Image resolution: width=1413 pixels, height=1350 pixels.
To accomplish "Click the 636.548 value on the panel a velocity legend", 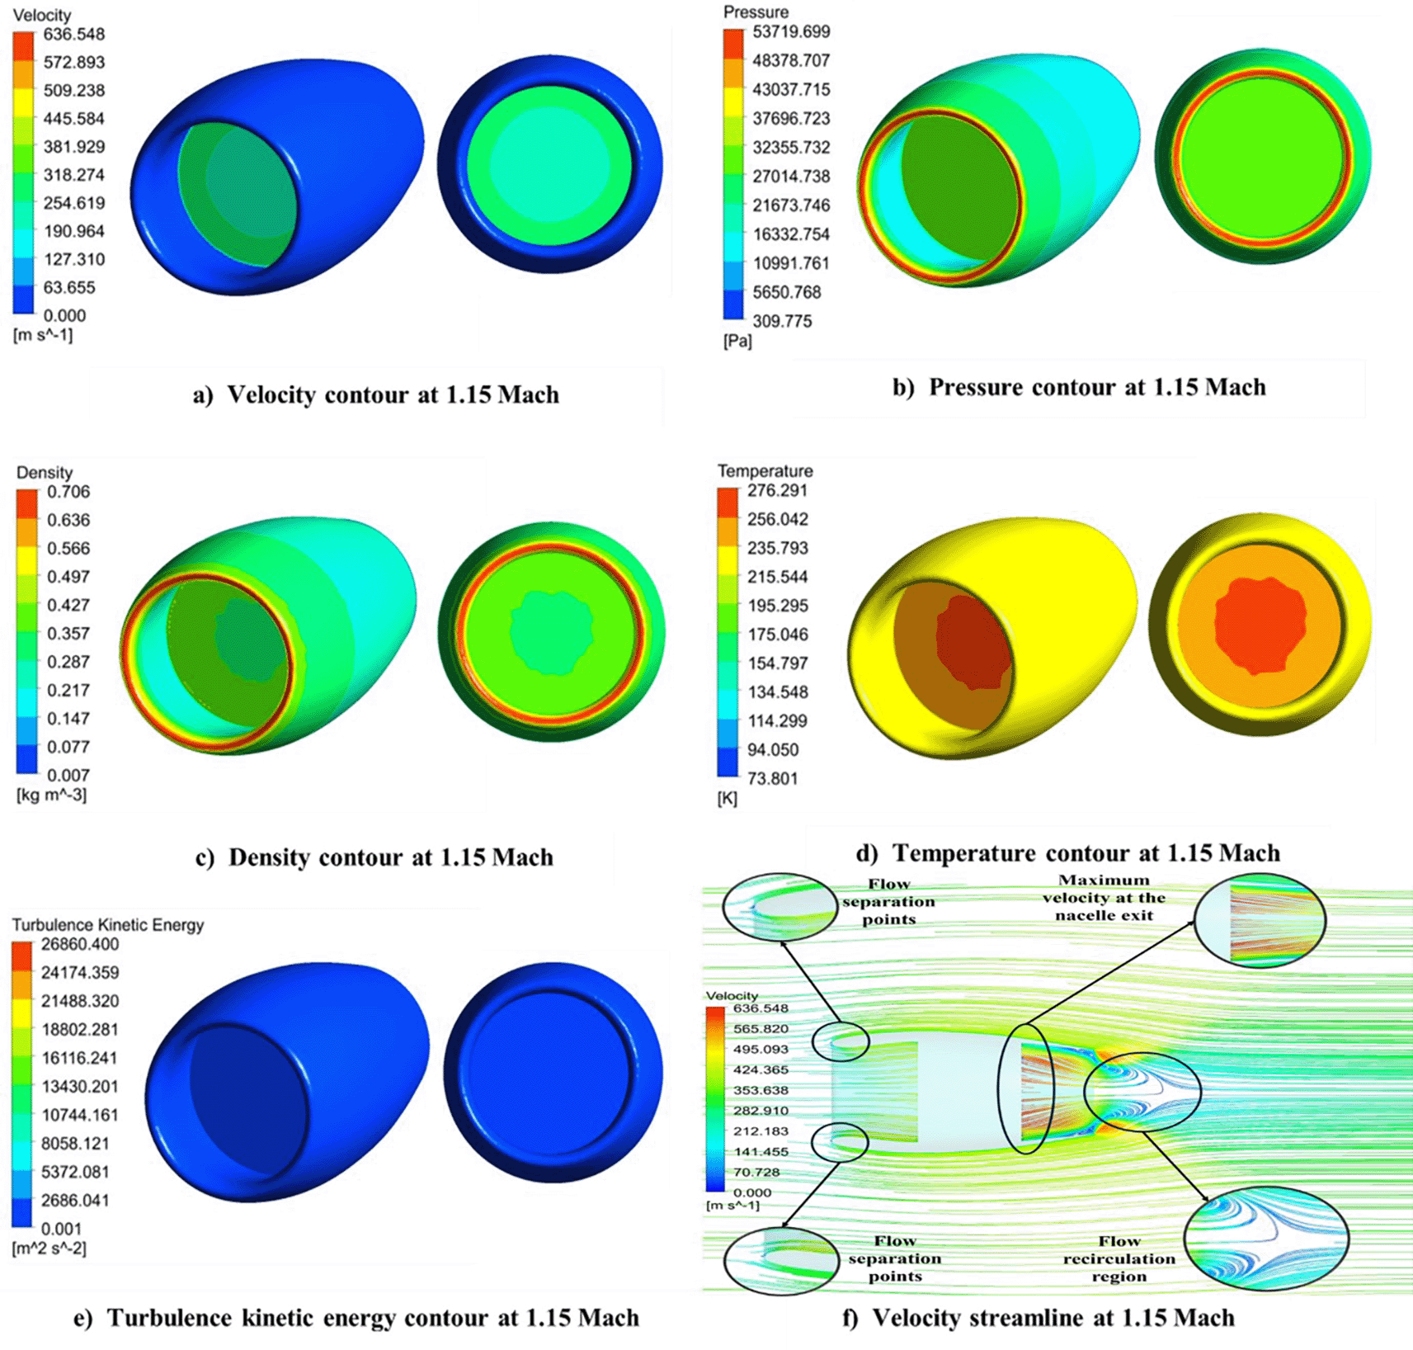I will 73,35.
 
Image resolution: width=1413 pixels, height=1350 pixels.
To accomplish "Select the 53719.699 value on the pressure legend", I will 790,32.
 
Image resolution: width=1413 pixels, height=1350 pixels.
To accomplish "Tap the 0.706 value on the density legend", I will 68,492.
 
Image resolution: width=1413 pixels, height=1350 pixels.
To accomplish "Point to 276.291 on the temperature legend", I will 777,490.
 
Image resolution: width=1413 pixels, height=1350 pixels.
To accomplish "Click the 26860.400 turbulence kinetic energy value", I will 80,944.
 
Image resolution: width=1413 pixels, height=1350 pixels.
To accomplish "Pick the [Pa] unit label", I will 737,341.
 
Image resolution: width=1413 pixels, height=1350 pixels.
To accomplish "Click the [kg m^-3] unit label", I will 51,795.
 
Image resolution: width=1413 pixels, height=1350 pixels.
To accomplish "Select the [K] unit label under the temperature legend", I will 727,798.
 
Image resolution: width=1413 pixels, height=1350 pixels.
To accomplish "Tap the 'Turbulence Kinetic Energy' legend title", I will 107,925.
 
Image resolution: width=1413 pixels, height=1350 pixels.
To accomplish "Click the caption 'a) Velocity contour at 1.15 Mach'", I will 376,394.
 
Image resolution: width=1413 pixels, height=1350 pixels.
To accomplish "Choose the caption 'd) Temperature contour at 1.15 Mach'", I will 1068,852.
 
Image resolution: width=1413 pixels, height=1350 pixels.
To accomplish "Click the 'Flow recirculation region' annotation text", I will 1119,1258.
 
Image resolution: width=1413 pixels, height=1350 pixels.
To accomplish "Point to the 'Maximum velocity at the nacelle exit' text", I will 1104,898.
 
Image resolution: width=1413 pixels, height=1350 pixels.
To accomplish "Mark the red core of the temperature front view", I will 1260,625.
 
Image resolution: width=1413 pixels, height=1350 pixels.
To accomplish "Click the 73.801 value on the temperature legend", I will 772,778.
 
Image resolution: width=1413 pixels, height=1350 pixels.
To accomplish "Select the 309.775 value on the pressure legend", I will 781,321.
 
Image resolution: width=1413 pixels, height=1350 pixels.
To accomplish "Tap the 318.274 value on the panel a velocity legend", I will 73,175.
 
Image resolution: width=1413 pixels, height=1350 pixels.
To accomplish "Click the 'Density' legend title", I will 45,473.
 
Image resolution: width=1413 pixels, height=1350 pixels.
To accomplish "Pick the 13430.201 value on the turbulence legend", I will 80,1086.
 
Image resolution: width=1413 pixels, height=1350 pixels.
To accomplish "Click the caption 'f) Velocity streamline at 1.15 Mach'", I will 1038,1318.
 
